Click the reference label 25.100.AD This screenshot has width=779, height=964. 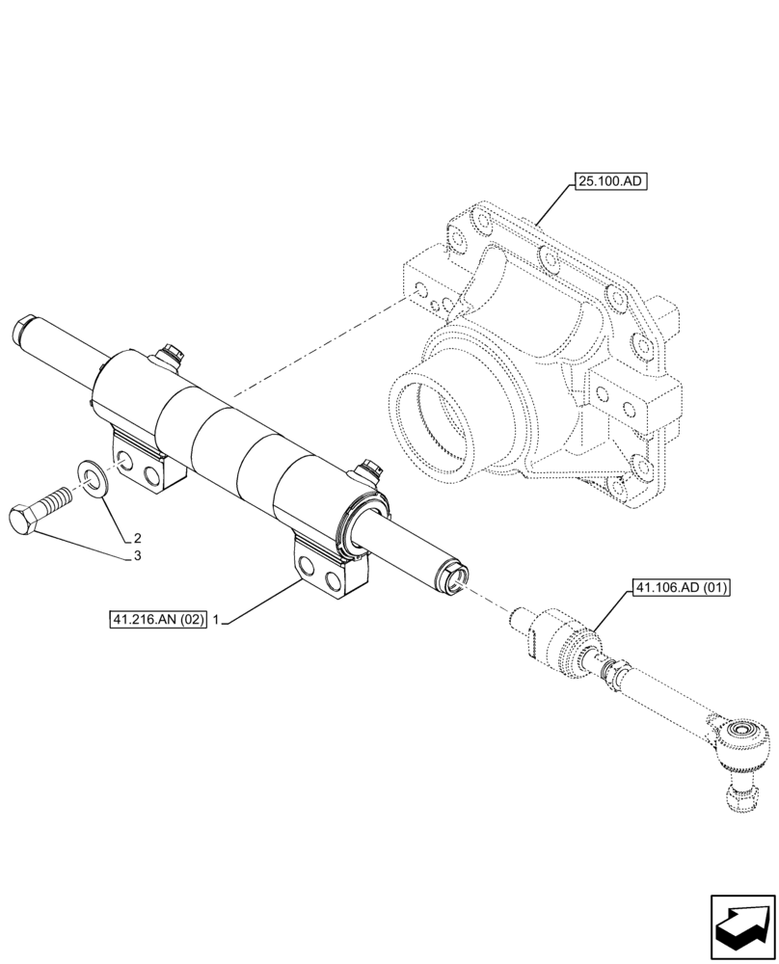click(609, 180)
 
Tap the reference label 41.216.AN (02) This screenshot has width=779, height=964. click(157, 621)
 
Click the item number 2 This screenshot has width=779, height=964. click(138, 538)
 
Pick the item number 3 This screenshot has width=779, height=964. click(138, 556)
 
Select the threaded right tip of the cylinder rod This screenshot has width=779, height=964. click(453, 577)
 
